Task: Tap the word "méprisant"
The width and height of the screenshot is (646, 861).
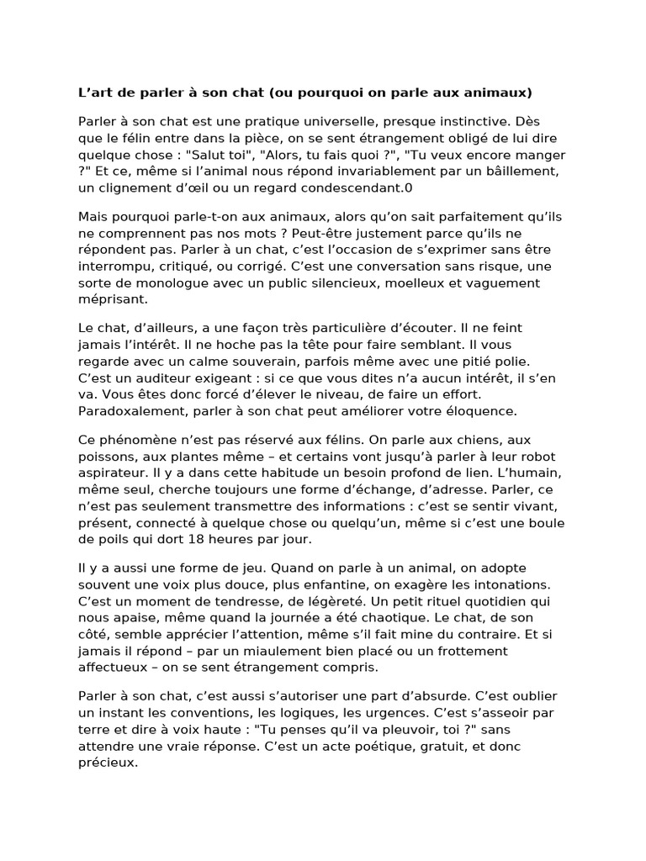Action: (112, 298)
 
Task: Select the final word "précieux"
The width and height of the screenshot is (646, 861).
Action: (108, 763)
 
